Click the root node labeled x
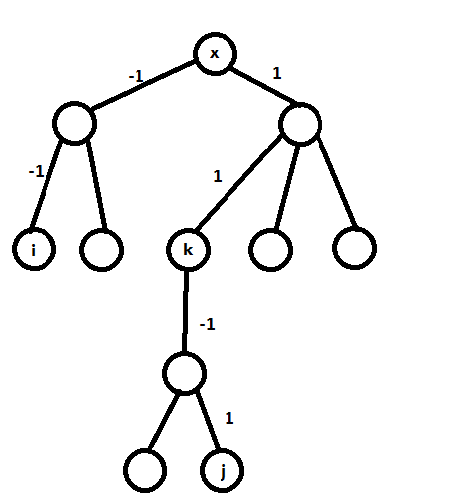pos(215,53)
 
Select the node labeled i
pos(34,249)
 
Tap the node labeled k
pos(188,249)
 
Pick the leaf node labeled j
pos(222,470)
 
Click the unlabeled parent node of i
pos(74,123)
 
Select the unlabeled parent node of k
pos(300,124)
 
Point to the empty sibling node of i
pos(102,249)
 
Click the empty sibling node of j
pos(144,470)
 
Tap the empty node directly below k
pos(185,373)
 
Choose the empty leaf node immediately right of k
pos(270,249)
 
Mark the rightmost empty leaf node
pos(354,249)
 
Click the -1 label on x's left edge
pos(136,76)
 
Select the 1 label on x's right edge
pos(277,73)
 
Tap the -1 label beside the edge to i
pos(36,171)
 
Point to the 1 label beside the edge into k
pos(218,176)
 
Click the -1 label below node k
pos(207,324)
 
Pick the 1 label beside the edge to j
pos(229,418)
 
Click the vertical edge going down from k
pos(186,312)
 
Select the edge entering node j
pos(208,421)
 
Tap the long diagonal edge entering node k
pos(239,182)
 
